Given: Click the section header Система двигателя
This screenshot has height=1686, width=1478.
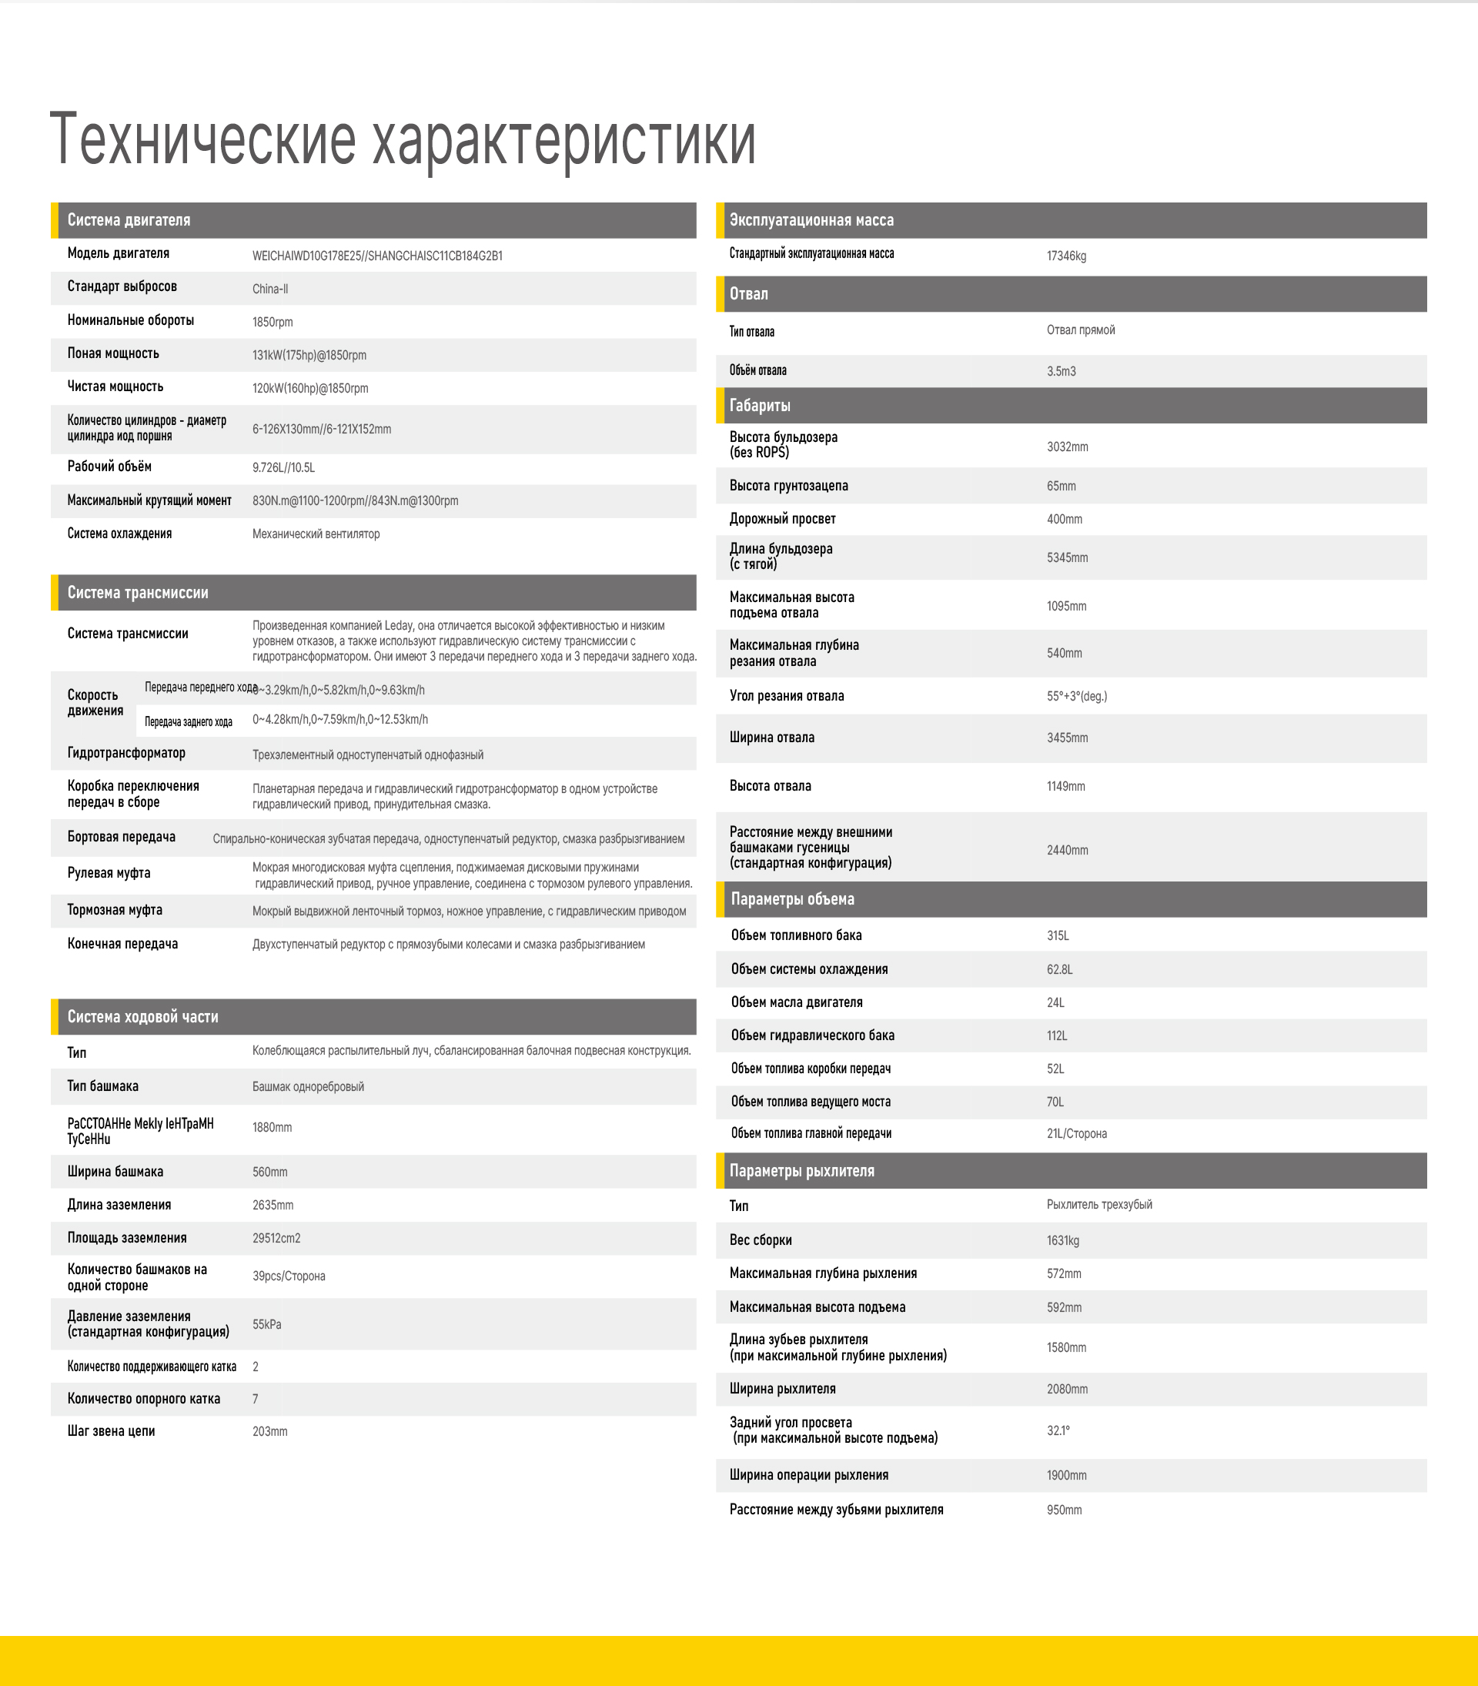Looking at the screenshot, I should (x=129, y=220).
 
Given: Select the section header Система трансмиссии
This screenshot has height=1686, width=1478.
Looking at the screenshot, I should (x=138, y=592).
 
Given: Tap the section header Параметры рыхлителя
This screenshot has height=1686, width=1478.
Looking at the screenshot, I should (x=801, y=1170).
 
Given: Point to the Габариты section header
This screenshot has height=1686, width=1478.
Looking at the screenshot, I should (x=760, y=405).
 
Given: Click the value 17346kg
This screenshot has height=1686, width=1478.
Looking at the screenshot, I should (x=1065, y=256).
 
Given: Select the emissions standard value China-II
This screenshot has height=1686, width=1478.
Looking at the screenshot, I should (x=269, y=289).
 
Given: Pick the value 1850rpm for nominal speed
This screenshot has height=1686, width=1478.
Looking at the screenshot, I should (x=273, y=322).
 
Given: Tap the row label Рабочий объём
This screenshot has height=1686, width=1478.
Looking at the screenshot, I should (x=109, y=467).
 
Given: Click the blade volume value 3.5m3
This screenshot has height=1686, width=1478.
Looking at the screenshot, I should (x=1061, y=371).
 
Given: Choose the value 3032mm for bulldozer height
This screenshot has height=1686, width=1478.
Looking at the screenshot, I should (x=1067, y=447).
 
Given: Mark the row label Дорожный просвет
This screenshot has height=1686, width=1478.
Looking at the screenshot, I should (x=782, y=519).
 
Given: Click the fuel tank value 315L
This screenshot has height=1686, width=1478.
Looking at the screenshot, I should (x=1058, y=935).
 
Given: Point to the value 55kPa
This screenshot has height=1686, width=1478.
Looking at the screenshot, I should (x=266, y=1324).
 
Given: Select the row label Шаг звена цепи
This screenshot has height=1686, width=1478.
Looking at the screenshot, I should (x=111, y=1431).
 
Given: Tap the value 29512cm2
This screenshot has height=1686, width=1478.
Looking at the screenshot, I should (x=276, y=1238).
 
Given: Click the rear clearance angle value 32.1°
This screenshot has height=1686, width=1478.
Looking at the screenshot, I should (x=1058, y=1430).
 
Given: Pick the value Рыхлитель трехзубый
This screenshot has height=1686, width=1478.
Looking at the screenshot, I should (x=1098, y=1204).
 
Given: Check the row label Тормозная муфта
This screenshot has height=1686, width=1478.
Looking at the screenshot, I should (x=115, y=910).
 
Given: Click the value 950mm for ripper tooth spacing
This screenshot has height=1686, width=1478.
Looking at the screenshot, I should (x=1064, y=1510).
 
